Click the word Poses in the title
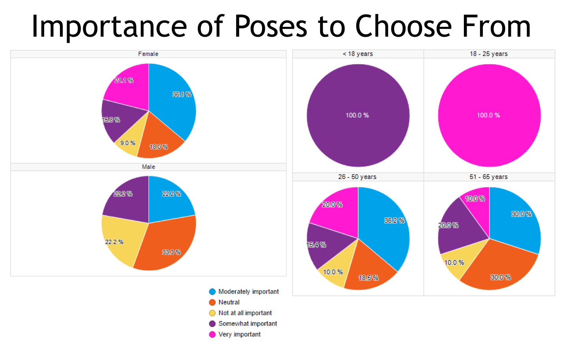coord(270,27)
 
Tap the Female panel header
coord(148,54)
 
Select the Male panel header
coord(148,167)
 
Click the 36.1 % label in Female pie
coord(182,95)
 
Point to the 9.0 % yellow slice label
coord(128,143)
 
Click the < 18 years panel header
coord(357,54)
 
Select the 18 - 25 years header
coord(489,54)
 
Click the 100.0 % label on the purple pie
coord(357,116)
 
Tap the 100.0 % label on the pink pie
coord(488,116)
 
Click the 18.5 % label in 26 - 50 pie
coord(368,278)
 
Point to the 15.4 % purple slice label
coord(316,245)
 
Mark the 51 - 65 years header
coord(489,177)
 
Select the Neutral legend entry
coord(229,302)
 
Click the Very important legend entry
coord(239,334)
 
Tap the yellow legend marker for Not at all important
coord(212,313)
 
